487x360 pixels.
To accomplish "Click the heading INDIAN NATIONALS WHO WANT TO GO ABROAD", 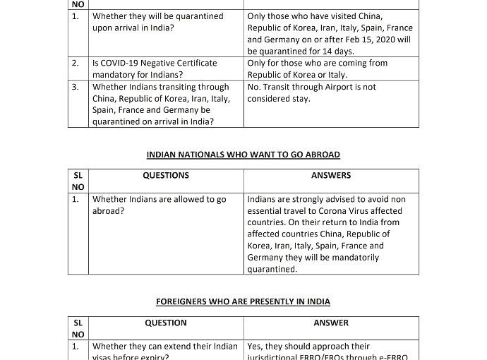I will click(243, 155).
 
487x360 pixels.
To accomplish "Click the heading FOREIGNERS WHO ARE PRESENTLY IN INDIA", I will click(243, 301).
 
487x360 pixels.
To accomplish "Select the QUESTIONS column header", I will click(166, 176).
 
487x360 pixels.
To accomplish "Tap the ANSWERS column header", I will click(331, 176).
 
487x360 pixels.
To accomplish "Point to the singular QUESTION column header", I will click(166, 323).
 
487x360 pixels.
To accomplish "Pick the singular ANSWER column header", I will click(331, 323).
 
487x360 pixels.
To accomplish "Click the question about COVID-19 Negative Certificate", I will click(155, 68).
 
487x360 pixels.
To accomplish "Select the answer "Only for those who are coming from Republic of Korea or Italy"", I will click(317, 68).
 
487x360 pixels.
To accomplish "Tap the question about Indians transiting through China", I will click(161, 104).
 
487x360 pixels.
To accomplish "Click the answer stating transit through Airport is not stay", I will click(311, 92).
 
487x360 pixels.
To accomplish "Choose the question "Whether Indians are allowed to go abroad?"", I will click(159, 205).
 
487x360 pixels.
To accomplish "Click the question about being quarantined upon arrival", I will click(157, 22).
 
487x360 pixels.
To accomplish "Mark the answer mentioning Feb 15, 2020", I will click(330, 33).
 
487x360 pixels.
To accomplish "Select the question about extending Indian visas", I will click(165, 352).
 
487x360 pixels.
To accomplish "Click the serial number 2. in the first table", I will click(76, 64).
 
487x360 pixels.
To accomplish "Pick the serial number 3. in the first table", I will click(76, 88).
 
